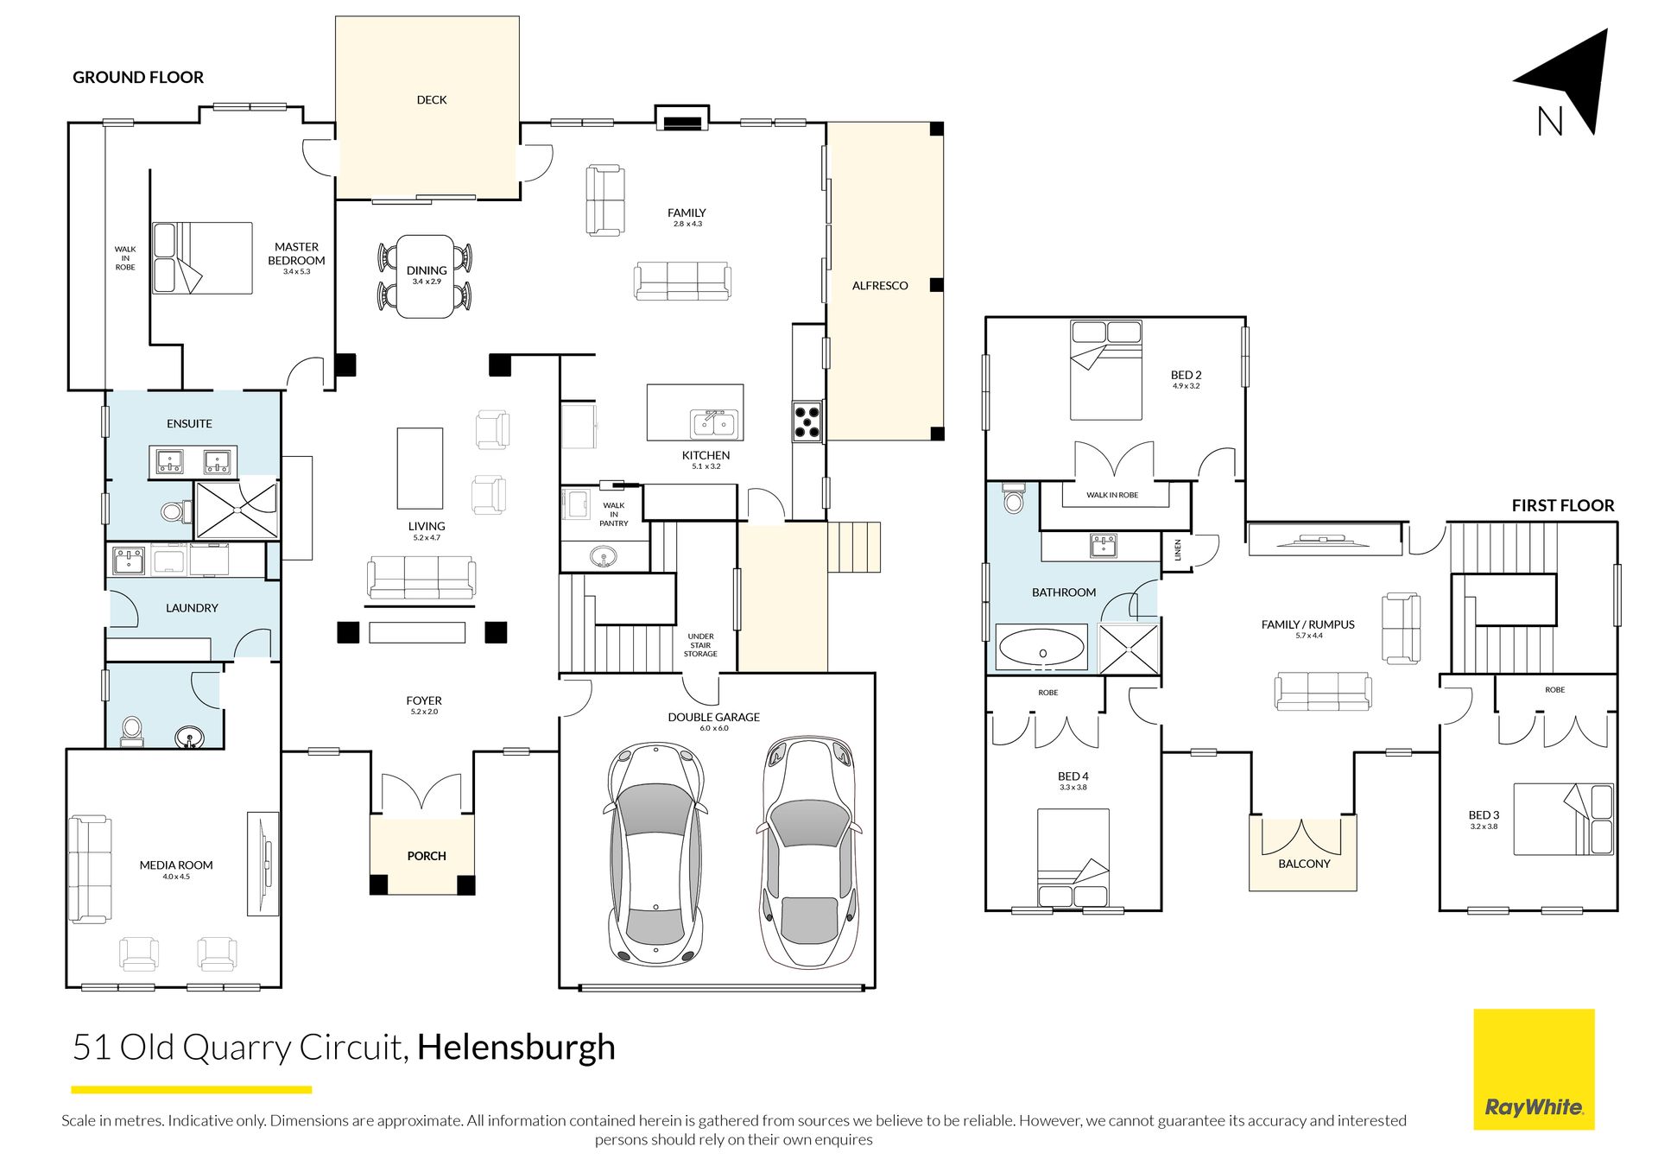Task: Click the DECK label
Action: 432,100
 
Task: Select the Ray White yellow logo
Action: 1534,1069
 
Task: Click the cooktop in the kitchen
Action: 807,421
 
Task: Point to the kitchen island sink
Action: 713,423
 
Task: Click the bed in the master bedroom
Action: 202,258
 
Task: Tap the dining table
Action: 426,276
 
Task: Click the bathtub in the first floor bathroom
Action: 1041,647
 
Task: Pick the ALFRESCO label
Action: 880,286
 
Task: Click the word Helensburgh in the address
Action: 516,1048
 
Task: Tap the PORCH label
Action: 427,856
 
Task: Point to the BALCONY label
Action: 1304,864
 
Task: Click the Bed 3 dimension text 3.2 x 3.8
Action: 1484,827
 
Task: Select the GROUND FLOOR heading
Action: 138,78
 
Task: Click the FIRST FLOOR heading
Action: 1563,506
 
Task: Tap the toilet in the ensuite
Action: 176,512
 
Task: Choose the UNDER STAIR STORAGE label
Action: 700,645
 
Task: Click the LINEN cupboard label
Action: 1178,550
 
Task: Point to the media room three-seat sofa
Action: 90,869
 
